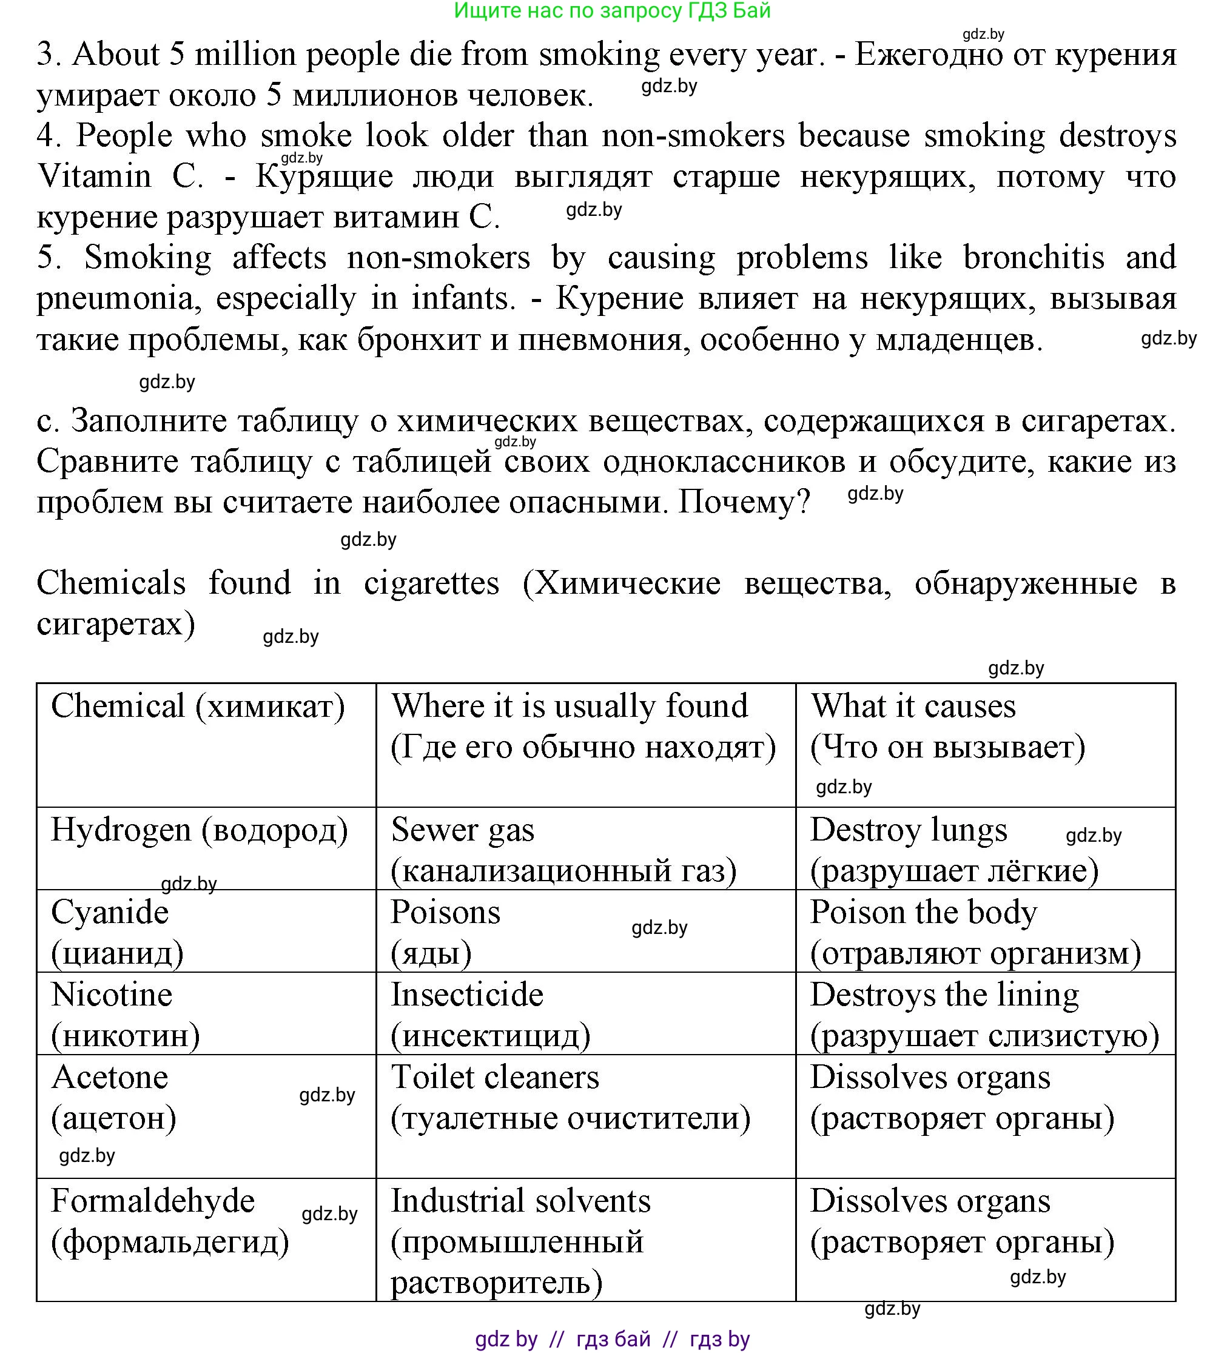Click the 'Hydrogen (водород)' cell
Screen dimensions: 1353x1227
coord(200,830)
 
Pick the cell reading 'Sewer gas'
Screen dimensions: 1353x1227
coord(462,830)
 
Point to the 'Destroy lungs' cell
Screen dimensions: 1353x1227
coord(908,830)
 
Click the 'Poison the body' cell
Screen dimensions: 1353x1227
coord(924,913)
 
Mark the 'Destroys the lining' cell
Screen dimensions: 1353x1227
coord(944,995)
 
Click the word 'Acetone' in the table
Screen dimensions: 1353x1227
coord(110,1078)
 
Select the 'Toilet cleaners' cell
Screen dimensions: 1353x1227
coord(495,1078)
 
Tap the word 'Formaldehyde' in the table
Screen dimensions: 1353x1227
coord(153,1201)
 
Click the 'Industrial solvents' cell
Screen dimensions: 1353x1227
coord(521,1201)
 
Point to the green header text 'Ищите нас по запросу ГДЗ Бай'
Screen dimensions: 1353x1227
coord(612,11)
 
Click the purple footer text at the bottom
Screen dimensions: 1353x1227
coord(612,1339)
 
